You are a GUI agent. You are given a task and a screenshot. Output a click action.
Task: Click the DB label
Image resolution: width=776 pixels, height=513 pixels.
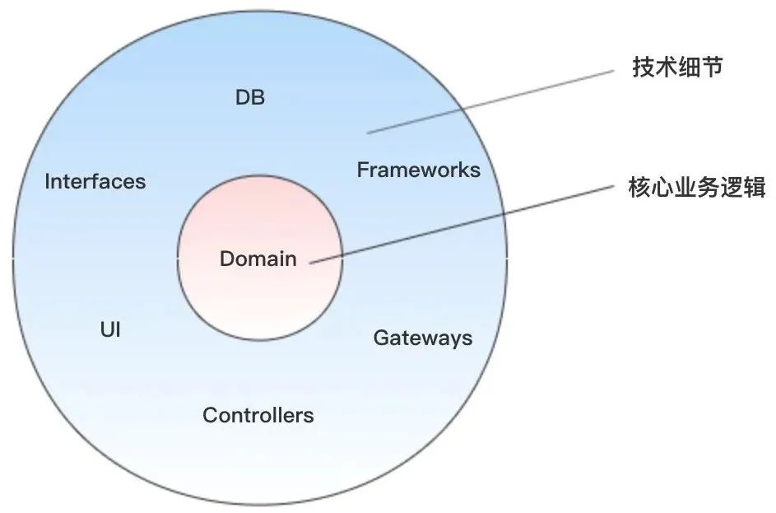(250, 97)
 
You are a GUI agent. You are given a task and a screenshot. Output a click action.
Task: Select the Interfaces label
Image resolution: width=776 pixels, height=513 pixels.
(95, 182)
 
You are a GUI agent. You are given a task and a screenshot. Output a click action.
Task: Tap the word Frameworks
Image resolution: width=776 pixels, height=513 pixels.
(418, 170)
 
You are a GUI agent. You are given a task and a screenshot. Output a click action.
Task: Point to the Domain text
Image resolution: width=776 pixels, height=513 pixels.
(258, 259)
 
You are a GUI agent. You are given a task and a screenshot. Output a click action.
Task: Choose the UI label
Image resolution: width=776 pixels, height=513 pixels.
(110, 331)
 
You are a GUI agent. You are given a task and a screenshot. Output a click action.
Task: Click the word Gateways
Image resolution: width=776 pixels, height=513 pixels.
(423, 338)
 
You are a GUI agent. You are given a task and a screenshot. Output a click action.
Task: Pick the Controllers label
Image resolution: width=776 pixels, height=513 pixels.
(258, 415)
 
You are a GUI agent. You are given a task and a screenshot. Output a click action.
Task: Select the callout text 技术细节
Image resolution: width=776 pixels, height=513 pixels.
(677, 68)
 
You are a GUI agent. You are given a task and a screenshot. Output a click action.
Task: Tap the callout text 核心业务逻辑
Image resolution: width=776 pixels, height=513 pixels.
(696, 189)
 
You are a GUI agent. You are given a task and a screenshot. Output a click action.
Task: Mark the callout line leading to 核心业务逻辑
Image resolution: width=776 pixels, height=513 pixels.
(461, 225)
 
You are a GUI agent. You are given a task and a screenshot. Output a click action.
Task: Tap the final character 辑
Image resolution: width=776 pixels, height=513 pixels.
(755, 189)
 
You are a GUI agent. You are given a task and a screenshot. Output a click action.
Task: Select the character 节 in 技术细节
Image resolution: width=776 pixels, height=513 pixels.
(712, 68)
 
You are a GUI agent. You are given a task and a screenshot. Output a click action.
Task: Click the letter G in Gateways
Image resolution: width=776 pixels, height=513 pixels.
(381, 338)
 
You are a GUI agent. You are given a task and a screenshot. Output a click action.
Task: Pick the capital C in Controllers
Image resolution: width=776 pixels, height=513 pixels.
(209, 415)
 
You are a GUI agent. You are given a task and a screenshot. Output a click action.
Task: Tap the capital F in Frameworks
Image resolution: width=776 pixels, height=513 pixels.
(362, 170)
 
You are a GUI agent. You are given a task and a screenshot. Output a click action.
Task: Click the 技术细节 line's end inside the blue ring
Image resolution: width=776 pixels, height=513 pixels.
(368, 132)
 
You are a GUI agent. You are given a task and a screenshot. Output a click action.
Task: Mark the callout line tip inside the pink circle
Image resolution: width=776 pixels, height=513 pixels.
(311, 263)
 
